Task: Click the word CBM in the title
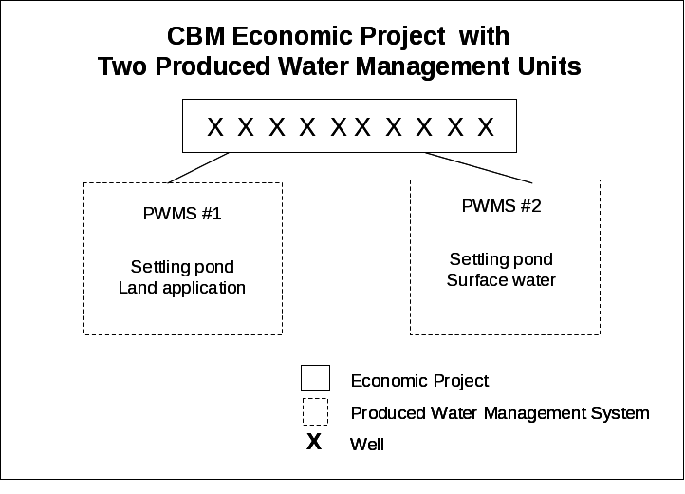point(195,36)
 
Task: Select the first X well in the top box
point(215,127)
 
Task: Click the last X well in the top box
point(486,127)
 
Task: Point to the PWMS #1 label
point(182,214)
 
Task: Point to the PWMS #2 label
point(501,206)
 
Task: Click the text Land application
point(182,288)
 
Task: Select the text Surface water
point(501,280)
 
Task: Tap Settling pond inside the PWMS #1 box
point(182,267)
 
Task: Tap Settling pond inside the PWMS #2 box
point(501,259)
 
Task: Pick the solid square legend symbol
point(315,378)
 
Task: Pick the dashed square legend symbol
point(315,411)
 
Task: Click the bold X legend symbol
point(314,442)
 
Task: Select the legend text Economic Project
point(419,381)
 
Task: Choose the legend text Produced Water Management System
point(500,413)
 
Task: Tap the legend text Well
point(367,444)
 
